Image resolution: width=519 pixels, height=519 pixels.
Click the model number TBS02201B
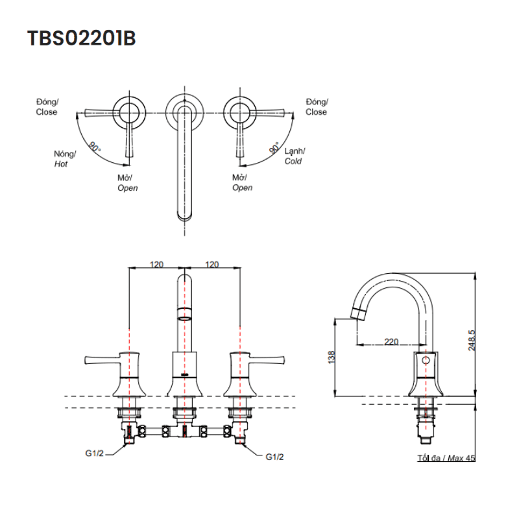click(x=81, y=38)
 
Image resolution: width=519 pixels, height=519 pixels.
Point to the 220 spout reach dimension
click(x=391, y=341)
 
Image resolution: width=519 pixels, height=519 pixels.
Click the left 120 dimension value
click(x=156, y=264)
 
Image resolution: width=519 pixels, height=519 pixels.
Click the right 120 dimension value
click(x=211, y=264)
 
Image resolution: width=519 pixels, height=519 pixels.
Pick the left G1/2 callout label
click(x=94, y=455)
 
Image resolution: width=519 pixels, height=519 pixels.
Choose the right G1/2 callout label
click(x=274, y=456)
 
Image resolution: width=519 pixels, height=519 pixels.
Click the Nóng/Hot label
click(x=64, y=159)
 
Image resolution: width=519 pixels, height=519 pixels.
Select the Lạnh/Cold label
click(x=295, y=156)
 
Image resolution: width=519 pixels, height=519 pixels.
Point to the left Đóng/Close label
click(x=47, y=107)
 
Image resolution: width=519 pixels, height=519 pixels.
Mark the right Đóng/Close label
click(x=317, y=107)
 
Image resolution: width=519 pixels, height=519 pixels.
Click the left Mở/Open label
click(x=127, y=183)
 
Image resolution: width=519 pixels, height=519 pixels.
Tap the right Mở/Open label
click(x=242, y=183)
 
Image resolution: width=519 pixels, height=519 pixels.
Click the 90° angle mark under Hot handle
click(x=95, y=147)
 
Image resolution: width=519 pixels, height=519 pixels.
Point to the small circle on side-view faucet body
click(x=426, y=359)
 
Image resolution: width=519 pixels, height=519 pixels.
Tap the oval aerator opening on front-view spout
click(x=186, y=318)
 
